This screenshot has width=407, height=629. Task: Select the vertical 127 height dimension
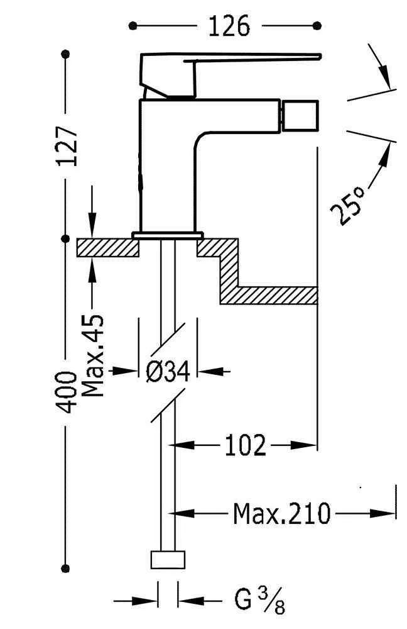[x=68, y=146]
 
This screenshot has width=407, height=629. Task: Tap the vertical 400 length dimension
[x=68, y=392]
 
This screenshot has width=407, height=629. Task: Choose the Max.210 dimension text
[x=281, y=514]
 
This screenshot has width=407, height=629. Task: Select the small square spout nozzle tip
[x=298, y=115]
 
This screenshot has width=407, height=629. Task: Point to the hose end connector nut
[x=169, y=559]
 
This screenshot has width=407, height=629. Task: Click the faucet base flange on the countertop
[x=168, y=235]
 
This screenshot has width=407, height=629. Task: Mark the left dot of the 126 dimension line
[x=133, y=26]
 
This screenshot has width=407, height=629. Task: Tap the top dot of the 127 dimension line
[x=65, y=55]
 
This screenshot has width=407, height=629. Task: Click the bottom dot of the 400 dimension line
[x=65, y=564]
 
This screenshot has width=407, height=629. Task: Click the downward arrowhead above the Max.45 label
[x=92, y=228]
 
